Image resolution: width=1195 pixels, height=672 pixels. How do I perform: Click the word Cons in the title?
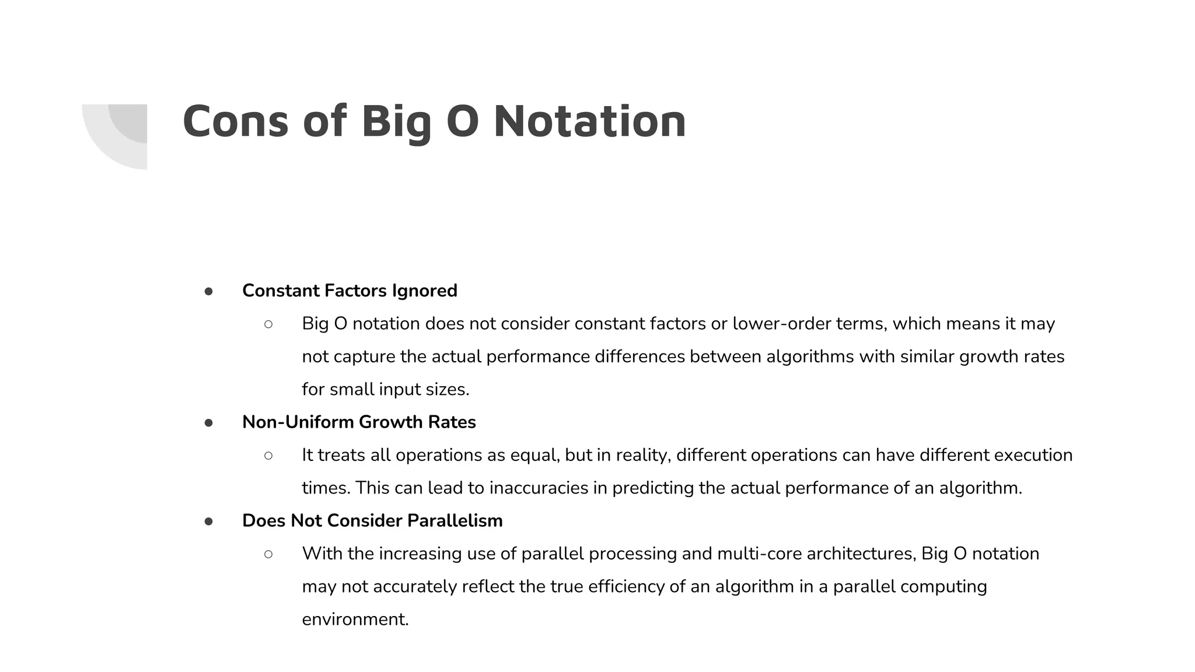[x=235, y=121]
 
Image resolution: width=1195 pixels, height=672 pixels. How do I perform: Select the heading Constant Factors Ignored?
[x=350, y=290]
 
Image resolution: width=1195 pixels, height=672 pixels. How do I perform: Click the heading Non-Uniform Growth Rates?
[x=359, y=422]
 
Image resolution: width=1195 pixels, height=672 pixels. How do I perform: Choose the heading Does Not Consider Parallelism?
[x=372, y=520]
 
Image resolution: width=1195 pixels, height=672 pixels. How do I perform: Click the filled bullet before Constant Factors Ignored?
[x=208, y=291]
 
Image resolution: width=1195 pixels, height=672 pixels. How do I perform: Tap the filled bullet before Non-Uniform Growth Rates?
[x=208, y=422]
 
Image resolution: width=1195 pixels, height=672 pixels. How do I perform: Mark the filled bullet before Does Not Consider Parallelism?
[x=208, y=521]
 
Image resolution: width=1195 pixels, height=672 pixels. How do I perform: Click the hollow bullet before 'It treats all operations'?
[x=268, y=455]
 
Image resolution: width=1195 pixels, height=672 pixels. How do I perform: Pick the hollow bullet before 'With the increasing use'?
[x=268, y=554]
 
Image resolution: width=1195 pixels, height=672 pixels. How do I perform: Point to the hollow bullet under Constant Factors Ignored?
[x=268, y=324]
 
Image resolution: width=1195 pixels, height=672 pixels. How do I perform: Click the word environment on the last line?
[x=354, y=619]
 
